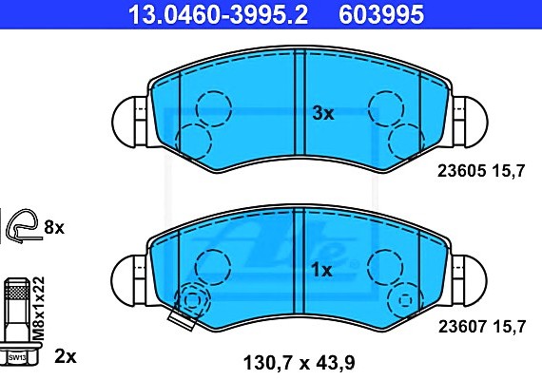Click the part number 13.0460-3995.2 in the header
[x=218, y=14]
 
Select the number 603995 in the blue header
[x=381, y=14]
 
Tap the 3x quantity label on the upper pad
[x=323, y=113]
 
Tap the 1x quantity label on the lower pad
[x=321, y=270]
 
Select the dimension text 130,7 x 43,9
[x=300, y=363]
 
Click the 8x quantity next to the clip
[x=54, y=228]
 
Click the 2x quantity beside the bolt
[x=66, y=356]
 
